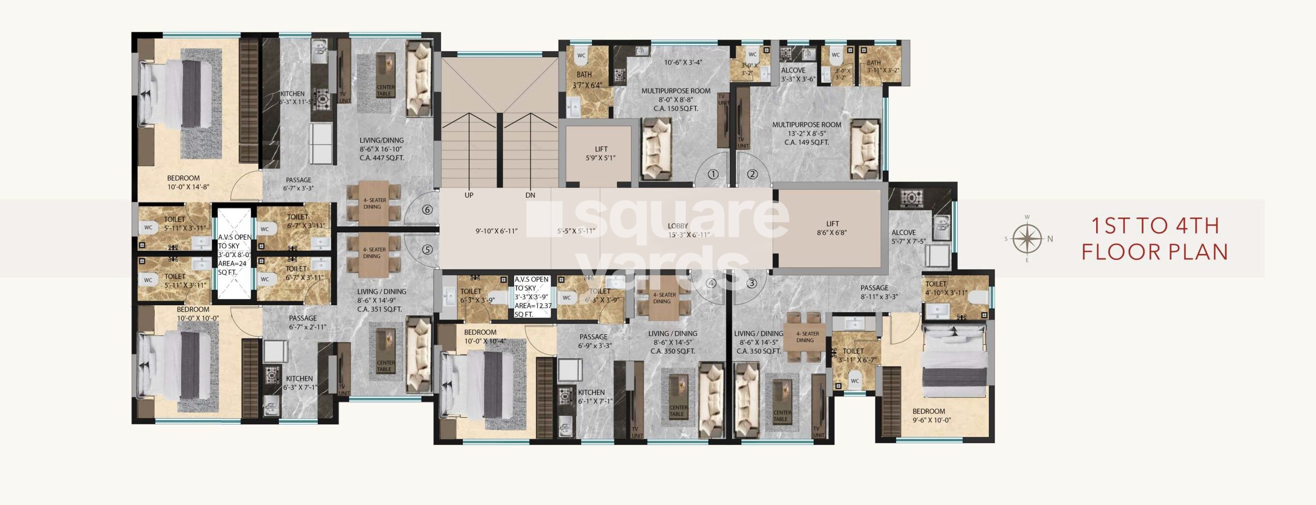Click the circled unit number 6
click(x=428, y=210)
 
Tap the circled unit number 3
click(x=751, y=283)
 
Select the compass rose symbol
click(x=1027, y=239)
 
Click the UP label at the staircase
click(x=468, y=195)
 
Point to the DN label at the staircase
click(x=530, y=195)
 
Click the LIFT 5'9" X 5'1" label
click(x=601, y=154)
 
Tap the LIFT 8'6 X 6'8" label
click(x=832, y=228)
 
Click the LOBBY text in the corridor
click(x=678, y=226)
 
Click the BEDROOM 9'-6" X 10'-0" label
click(x=929, y=416)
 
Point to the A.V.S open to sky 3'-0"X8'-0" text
click(x=235, y=254)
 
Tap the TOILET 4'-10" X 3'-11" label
click(x=946, y=289)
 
